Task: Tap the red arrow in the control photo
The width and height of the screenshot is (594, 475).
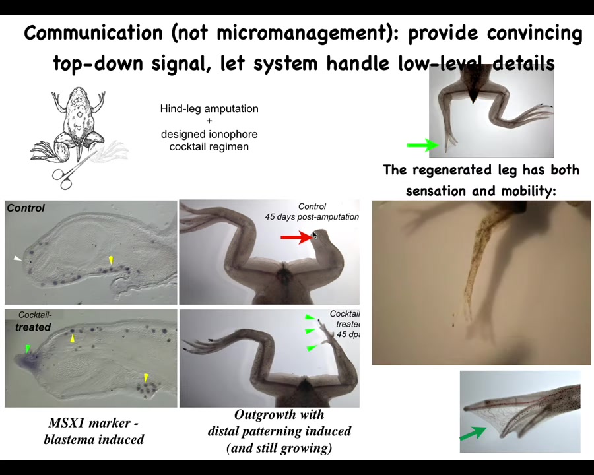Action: pos(295,237)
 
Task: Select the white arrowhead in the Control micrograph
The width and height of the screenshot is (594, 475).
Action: pos(17,259)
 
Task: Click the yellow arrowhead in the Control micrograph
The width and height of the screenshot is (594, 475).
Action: pos(111,261)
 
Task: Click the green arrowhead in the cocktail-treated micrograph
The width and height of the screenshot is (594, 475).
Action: pos(28,348)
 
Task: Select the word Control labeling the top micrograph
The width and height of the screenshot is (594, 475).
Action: pos(26,208)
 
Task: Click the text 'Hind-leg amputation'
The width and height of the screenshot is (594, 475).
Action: pos(209,109)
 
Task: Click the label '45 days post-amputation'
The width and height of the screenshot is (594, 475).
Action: pos(312,216)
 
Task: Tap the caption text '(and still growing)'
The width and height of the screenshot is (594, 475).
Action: pos(279,448)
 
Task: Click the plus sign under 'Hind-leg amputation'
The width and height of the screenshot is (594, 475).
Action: pos(209,121)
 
